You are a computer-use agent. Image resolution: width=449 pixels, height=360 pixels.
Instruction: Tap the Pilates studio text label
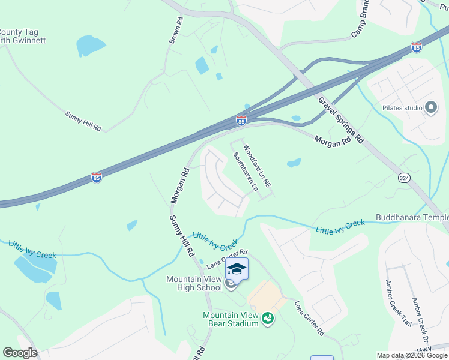pyautogui.click(x=402, y=108)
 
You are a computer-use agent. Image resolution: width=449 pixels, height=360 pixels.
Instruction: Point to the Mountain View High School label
pyautogui.click(x=194, y=283)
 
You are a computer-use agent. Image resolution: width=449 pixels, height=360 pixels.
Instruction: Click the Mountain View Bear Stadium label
pyautogui.click(x=231, y=319)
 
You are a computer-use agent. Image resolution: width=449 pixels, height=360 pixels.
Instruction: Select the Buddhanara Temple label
pyautogui.click(x=412, y=217)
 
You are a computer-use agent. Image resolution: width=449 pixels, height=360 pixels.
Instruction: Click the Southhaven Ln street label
pyautogui.click(x=246, y=172)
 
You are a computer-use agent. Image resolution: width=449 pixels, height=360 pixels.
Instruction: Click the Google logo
pyautogui.click(x=20, y=353)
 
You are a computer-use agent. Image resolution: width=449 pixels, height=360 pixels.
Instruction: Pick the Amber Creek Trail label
pyautogui.click(x=398, y=304)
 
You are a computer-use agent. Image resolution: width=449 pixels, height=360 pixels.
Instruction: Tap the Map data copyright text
pyautogui.click(x=411, y=355)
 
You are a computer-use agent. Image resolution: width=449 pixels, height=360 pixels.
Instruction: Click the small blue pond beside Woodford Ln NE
pyautogui.click(x=294, y=163)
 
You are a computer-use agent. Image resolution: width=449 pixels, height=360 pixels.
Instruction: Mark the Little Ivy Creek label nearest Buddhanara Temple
pyautogui.click(x=340, y=227)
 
